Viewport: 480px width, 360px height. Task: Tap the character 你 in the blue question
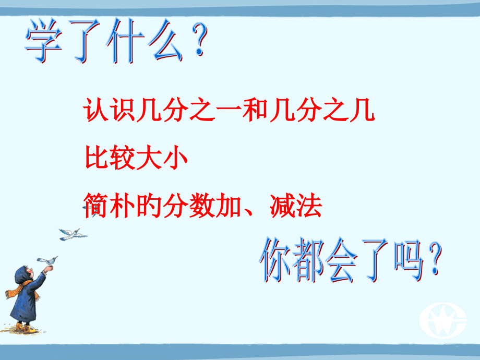[277, 259]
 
